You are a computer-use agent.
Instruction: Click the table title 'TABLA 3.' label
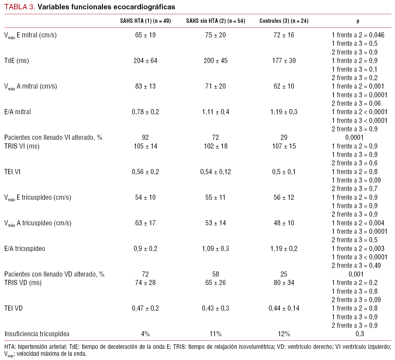click(20, 7)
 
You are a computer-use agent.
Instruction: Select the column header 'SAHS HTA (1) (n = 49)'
click(145, 21)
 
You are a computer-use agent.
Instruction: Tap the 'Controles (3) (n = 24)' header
click(284, 21)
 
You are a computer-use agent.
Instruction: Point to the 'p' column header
click(358, 21)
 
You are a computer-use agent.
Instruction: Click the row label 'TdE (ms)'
click(17, 61)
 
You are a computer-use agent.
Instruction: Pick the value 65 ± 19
click(145, 35)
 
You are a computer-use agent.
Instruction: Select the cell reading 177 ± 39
click(284, 61)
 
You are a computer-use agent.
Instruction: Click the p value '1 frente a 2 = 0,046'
click(358, 35)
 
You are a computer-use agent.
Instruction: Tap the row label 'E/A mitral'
click(17, 112)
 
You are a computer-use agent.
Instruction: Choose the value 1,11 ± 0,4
click(216, 112)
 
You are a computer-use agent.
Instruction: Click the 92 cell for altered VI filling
click(145, 137)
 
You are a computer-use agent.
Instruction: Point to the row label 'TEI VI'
click(12, 172)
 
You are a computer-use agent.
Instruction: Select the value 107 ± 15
click(284, 146)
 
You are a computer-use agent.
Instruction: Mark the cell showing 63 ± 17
click(145, 223)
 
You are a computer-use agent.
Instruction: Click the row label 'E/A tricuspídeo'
click(25, 249)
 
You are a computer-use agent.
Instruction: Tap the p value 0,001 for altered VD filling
click(356, 274)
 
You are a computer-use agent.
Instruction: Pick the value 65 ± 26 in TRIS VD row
click(216, 283)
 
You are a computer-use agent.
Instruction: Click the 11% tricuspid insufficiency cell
click(216, 334)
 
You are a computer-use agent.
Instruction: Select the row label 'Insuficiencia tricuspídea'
click(37, 334)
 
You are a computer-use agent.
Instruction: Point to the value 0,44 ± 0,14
click(284, 308)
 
